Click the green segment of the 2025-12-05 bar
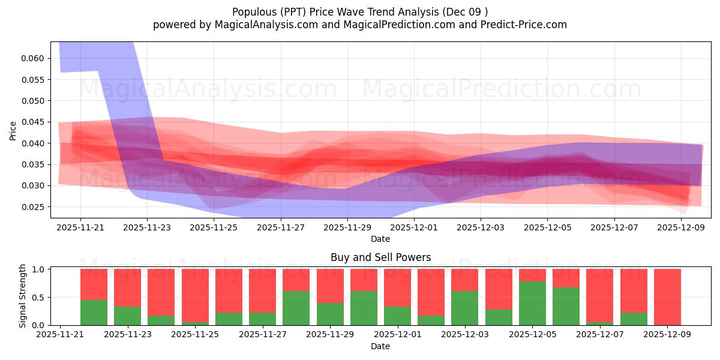(x=532, y=303)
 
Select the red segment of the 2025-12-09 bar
(x=667, y=296)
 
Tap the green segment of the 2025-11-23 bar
(x=127, y=316)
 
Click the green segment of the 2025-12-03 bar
(x=465, y=308)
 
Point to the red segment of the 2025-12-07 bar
(x=600, y=295)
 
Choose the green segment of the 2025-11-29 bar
(x=330, y=314)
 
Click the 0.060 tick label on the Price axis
(x=33, y=58)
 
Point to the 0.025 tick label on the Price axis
(x=33, y=207)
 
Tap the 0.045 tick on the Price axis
(x=33, y=122)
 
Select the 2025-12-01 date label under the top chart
(x=414, y=227)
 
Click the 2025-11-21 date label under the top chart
(x=80, y=227)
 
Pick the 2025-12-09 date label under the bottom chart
(x=668, y=335)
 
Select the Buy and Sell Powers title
(x=380, y=257)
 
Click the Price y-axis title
(x=13, y=130)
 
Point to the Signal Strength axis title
(x=23, y=296)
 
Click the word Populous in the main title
(x=251, y=11)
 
